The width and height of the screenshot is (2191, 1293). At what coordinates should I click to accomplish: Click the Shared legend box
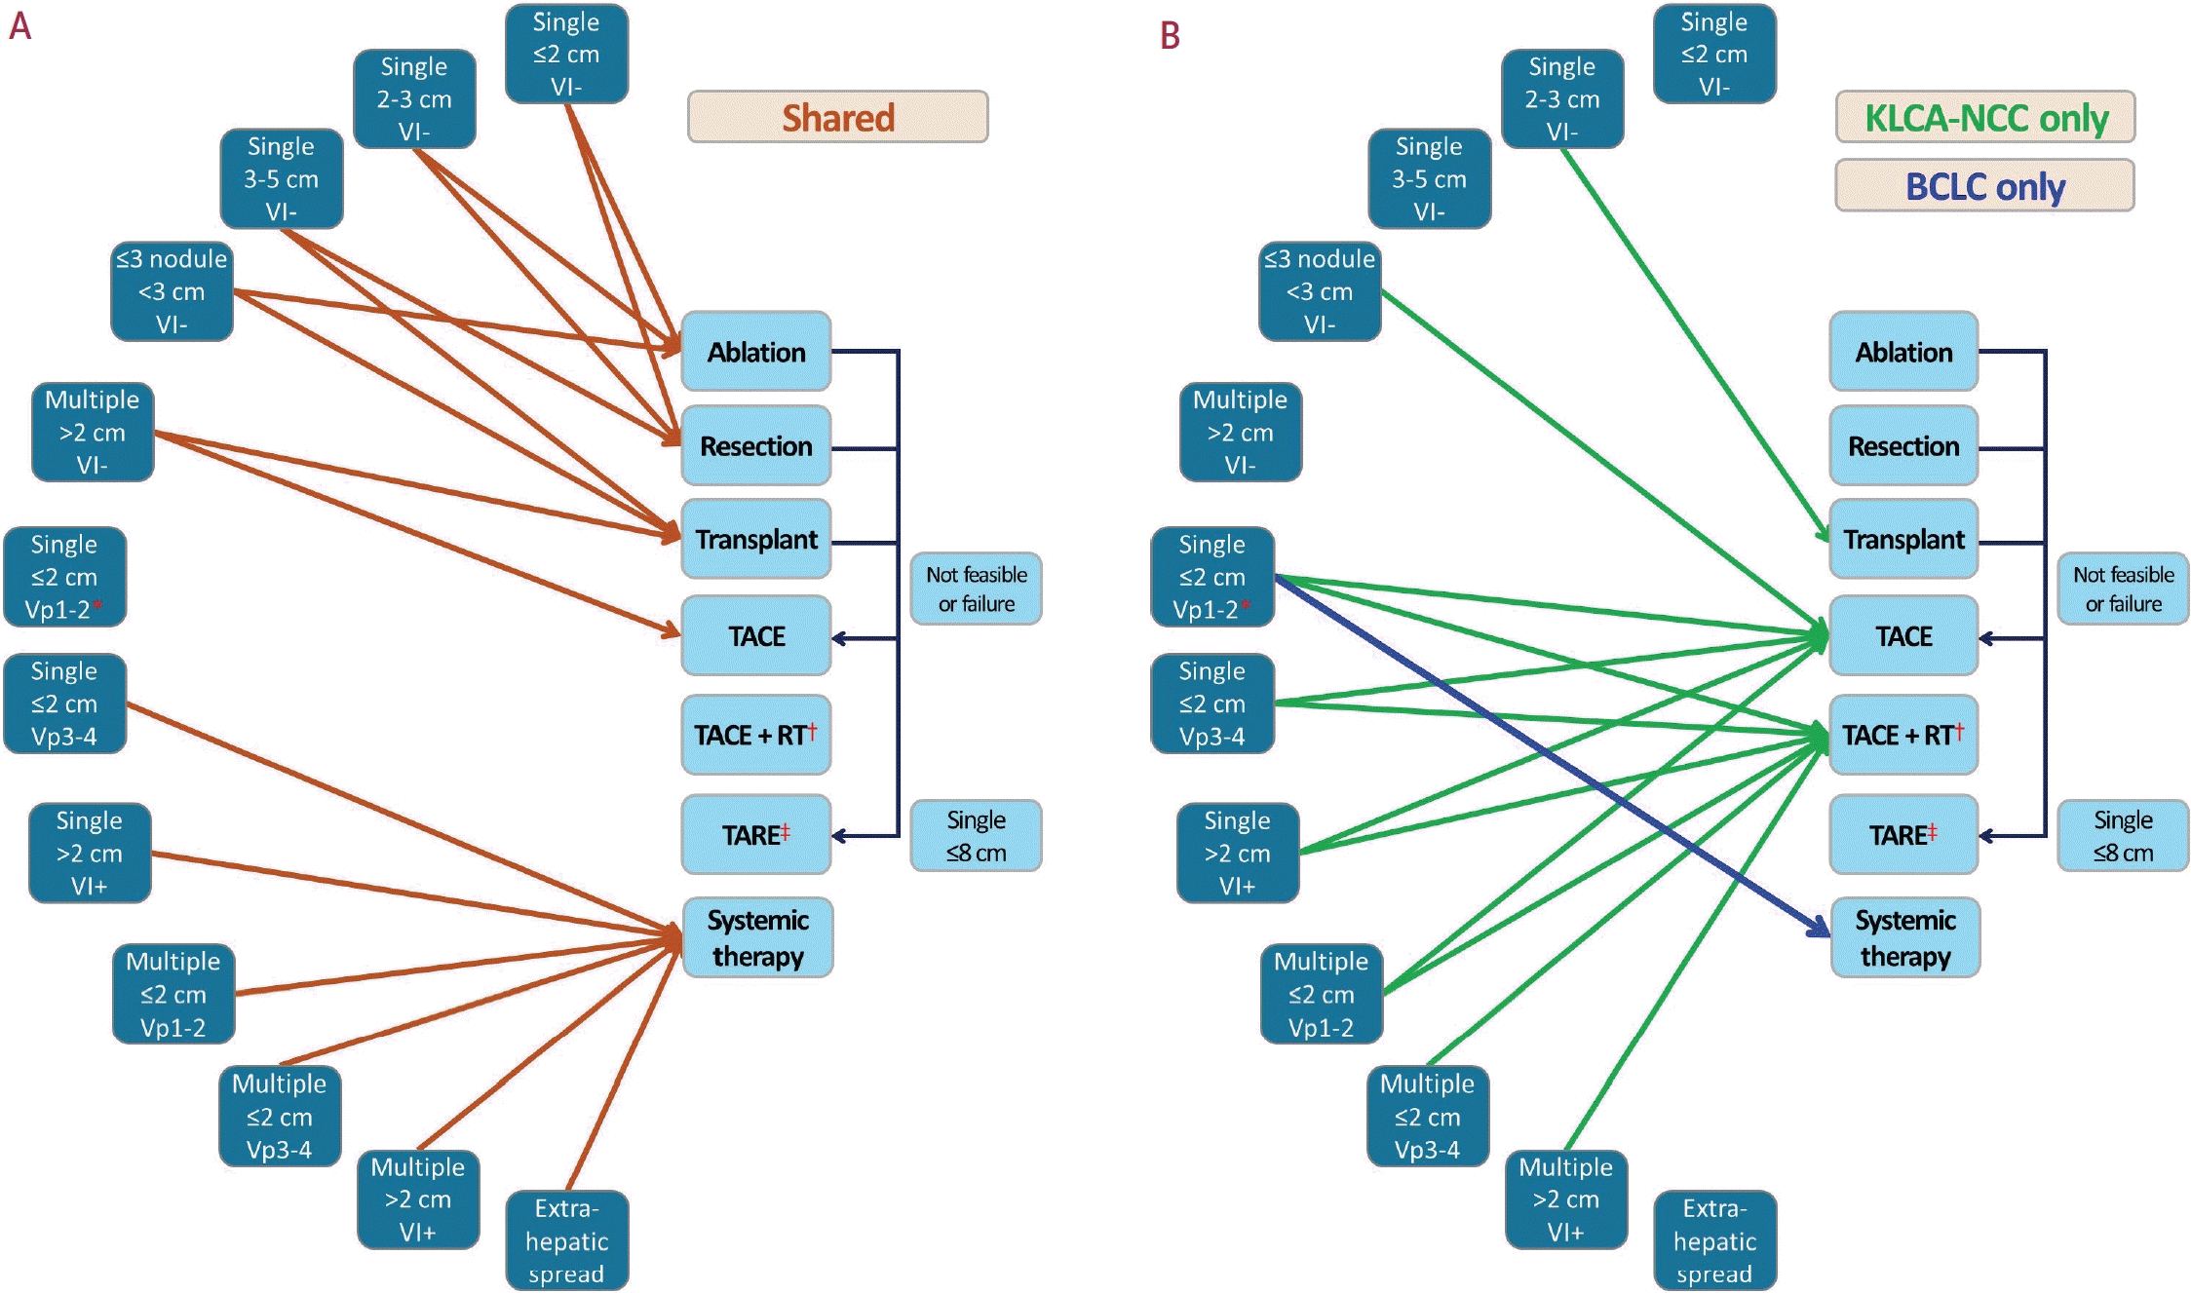pos(837,117)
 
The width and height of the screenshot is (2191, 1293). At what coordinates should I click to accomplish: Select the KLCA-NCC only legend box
pos(1984,117)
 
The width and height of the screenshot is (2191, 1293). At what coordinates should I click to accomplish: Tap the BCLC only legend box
pos(1984,185)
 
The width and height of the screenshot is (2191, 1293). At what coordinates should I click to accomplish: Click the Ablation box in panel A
pos(756,352)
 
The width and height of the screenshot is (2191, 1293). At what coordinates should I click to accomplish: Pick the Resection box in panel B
pos(1903,445)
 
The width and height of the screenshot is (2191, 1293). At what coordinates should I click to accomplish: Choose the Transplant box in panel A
pos(756,539)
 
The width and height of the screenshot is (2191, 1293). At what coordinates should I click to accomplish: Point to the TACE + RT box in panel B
pos(1903,735)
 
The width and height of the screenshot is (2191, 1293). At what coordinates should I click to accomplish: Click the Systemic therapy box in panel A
pos(757,937)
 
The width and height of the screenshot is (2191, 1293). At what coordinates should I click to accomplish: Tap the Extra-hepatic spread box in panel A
pos(566,1240)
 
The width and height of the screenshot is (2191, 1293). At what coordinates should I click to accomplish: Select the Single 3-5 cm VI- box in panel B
pos(1429,178)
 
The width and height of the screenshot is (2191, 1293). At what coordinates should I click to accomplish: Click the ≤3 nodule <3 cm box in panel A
pos(172,291)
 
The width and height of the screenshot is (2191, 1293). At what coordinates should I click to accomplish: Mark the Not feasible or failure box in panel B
pos(2123,589)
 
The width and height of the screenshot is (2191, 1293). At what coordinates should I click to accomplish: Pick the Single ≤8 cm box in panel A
pos(976,836)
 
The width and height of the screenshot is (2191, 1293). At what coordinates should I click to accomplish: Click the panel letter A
pos(20,26)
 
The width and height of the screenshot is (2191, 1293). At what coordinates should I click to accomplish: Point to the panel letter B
pos(1170,36)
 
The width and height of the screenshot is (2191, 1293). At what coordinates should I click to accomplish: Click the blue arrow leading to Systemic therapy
pos(1550,755)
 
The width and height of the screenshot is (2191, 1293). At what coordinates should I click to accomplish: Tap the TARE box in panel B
pos(1903,835)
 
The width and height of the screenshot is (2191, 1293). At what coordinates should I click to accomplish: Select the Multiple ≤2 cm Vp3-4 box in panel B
pos(1427,1116)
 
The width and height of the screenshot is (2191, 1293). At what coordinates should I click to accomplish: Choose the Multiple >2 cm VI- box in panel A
pos(93,432)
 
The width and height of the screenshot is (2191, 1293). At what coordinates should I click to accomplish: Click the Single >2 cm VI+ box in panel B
pos(1237,853)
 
